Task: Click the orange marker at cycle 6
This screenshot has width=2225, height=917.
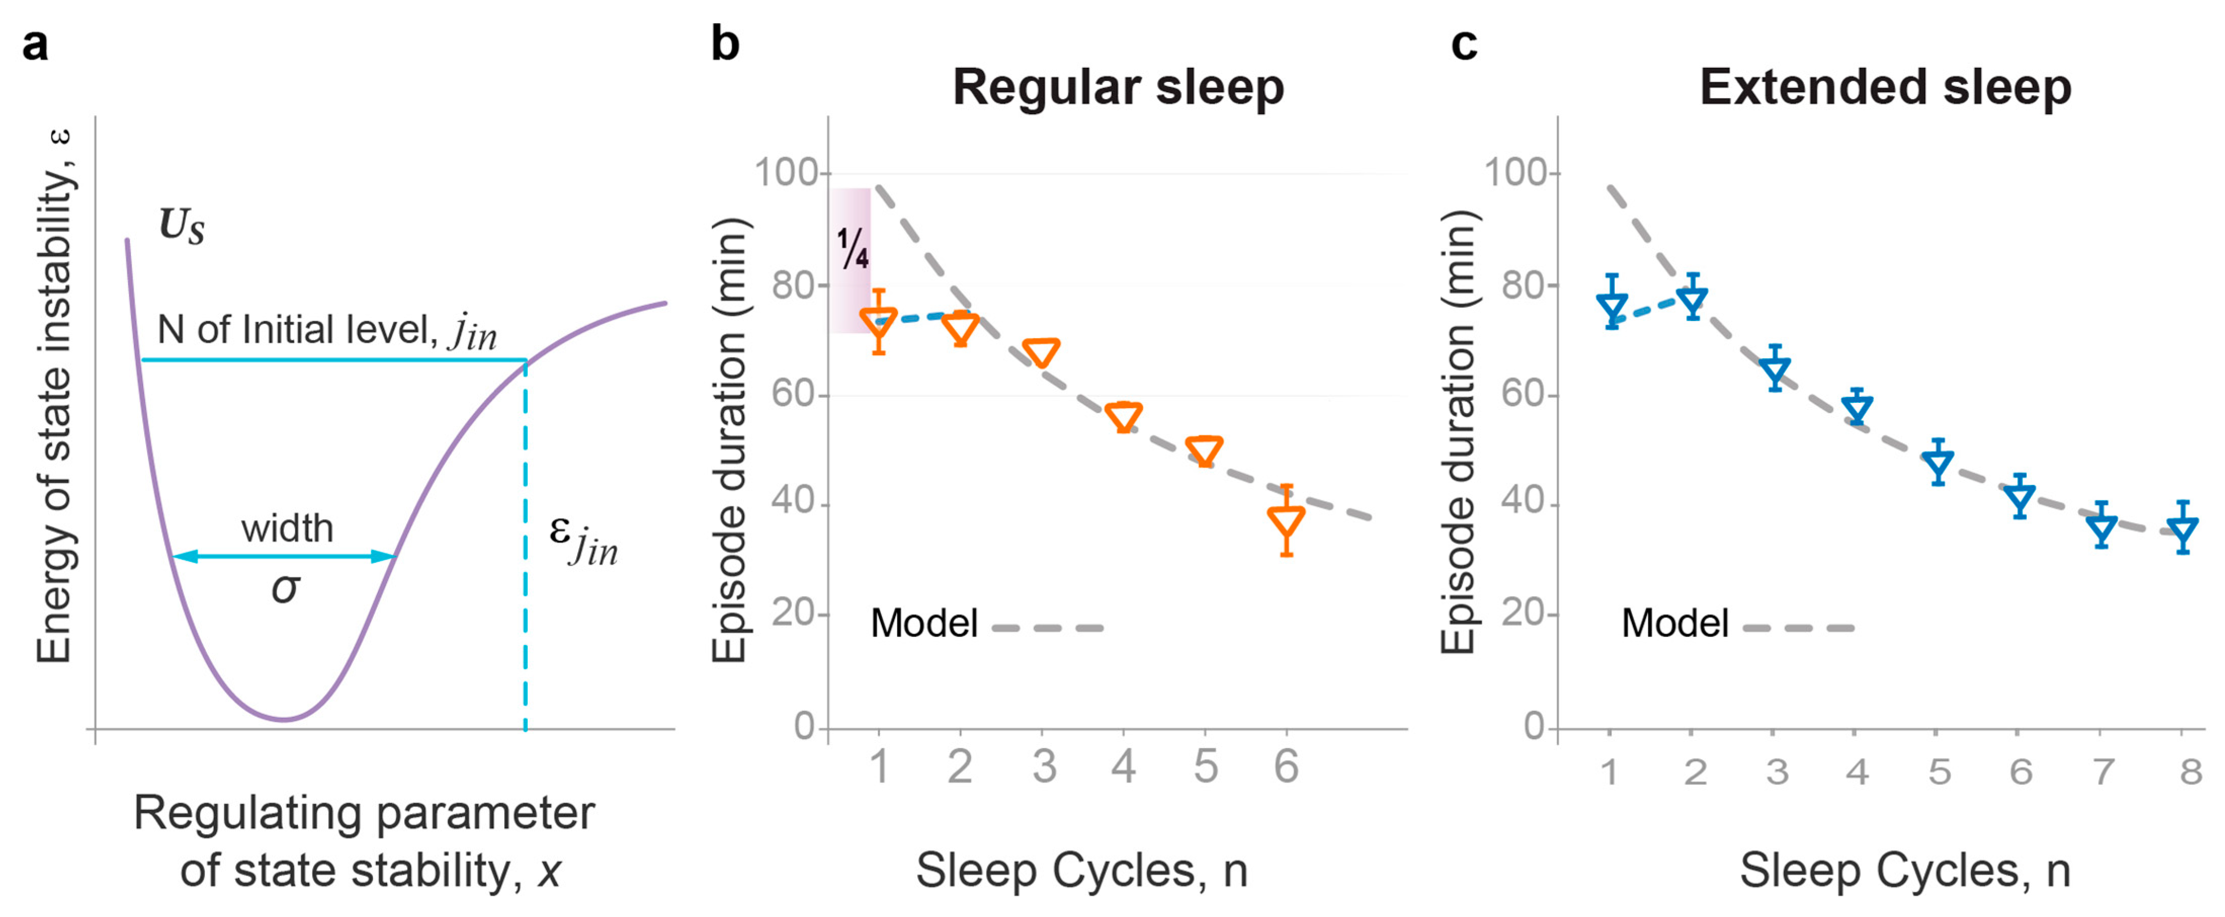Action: [1286, 521]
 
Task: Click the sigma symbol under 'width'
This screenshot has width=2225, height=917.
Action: [285, 589]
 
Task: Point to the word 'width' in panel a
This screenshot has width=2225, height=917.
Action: [287, 528]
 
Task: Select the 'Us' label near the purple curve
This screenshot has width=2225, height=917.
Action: [182, 226]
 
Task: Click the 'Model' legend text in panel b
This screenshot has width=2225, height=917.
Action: [923, 623]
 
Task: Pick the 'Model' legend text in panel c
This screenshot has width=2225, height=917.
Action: [1674, 623]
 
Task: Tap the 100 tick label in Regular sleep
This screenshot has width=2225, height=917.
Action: [786, 173]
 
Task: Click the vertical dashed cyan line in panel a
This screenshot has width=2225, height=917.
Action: [525, 553]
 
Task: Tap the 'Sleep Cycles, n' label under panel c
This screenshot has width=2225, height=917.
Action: [1905, 870]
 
